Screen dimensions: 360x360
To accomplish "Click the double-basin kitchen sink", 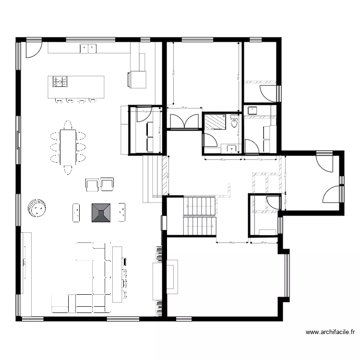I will pyautogui.click(x=88, y=48).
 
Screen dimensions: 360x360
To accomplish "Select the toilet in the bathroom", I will pyautogui.click(x=234, y=122).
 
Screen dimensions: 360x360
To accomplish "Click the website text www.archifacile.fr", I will pyautogui.click(x=330, y=332).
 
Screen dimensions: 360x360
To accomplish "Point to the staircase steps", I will pyautogui.click(x=199, y=216).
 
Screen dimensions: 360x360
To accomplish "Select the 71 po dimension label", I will pyautogui.click(x=259, y=159).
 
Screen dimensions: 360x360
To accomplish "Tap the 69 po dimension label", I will pyautogui.click(x=232, y=242).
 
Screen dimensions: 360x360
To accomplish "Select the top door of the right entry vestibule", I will pyautogui.click(x=324, y=163).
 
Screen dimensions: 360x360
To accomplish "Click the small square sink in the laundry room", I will pyautogui.click(x=252, y=111).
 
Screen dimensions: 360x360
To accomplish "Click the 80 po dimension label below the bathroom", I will pyautogui.click(x=223, y=159).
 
